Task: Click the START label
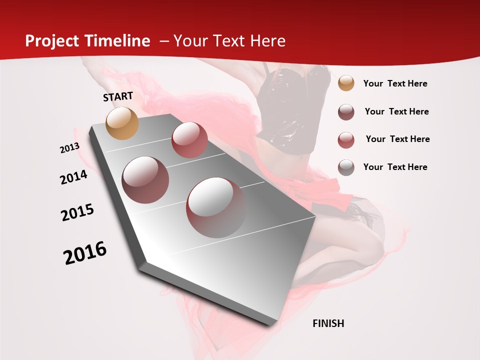(118, 96)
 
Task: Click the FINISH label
(328, 323)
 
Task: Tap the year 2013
(69, 148)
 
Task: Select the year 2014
(73, 177)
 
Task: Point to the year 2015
(77, 212)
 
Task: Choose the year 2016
(85, 253)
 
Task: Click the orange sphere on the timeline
(122, 123)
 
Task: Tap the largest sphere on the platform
(215, 207)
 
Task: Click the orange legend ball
(346, 83)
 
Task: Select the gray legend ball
(346, 167)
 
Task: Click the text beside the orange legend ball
(395, 83)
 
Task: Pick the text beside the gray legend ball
(395, 167)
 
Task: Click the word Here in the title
(267, 41)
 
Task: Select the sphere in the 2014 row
(145, 179)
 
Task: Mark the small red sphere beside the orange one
(189, 140)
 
